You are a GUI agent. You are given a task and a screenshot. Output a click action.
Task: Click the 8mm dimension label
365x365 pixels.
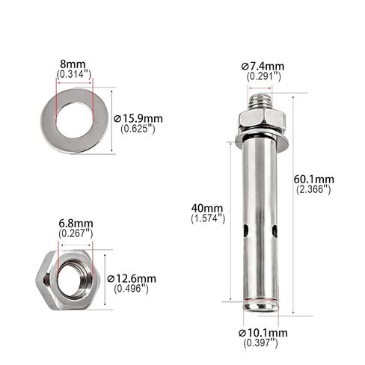[73, 64]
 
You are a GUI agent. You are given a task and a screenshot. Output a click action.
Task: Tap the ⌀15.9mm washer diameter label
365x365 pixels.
[138, 118]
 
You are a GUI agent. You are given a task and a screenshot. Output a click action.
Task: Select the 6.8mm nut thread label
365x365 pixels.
[76, 224]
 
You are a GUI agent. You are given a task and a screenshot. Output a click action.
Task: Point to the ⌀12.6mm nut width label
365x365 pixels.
[132, 278]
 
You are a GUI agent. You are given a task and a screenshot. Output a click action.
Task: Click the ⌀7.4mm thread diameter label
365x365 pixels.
[263, 67]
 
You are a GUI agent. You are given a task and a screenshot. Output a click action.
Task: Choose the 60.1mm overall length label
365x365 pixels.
[313, 180]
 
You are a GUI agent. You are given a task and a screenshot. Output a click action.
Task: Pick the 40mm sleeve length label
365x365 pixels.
[207, 208]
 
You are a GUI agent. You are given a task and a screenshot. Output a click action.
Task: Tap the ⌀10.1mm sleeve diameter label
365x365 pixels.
[263, 333]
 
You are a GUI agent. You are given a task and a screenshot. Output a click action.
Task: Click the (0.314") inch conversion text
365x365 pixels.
[74, 74]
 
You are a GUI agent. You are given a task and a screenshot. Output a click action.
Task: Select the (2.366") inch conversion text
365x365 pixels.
[313, 190]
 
